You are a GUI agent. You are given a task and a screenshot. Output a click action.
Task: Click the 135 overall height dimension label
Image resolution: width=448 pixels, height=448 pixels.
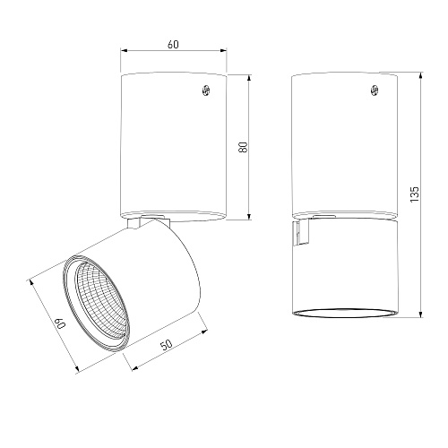[415, 194]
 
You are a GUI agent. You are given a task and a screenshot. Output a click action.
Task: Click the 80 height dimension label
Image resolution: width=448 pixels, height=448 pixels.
[244, 147]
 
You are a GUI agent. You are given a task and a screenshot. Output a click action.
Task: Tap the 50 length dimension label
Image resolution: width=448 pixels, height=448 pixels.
[167, 344]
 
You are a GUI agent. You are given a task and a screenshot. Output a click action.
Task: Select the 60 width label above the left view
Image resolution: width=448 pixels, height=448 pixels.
[173, 44]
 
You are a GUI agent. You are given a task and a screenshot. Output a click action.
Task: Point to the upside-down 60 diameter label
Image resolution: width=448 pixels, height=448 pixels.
[61, 323]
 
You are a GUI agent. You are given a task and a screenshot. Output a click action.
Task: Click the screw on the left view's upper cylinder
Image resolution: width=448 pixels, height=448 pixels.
[206, 90]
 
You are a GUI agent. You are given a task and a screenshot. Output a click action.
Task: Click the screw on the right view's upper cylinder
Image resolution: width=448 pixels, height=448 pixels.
[375, 90]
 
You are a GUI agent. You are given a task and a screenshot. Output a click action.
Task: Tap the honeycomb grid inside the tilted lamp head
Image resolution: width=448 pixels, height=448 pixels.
[101, 301]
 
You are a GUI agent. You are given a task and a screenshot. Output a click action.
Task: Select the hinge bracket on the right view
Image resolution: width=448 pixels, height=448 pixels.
[301, 233]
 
